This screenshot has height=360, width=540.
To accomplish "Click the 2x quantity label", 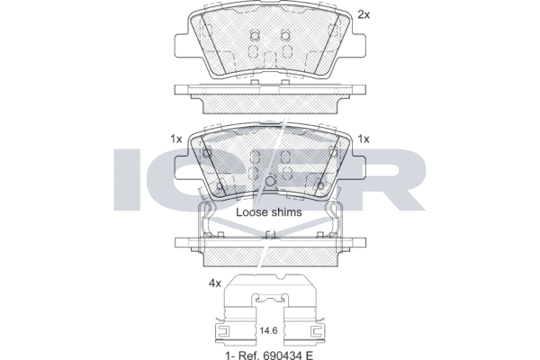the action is click(364, 14).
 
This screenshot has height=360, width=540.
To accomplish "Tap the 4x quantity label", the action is click(214, 283).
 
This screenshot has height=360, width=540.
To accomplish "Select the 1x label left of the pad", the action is click(176, 139).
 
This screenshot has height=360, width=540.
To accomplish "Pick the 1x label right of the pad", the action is click(364, 139).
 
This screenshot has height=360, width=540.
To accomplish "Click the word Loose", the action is click(249, 212).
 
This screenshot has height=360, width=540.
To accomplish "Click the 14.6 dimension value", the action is click(268, 331).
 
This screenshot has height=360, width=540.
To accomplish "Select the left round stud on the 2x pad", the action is click(255, 35).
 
